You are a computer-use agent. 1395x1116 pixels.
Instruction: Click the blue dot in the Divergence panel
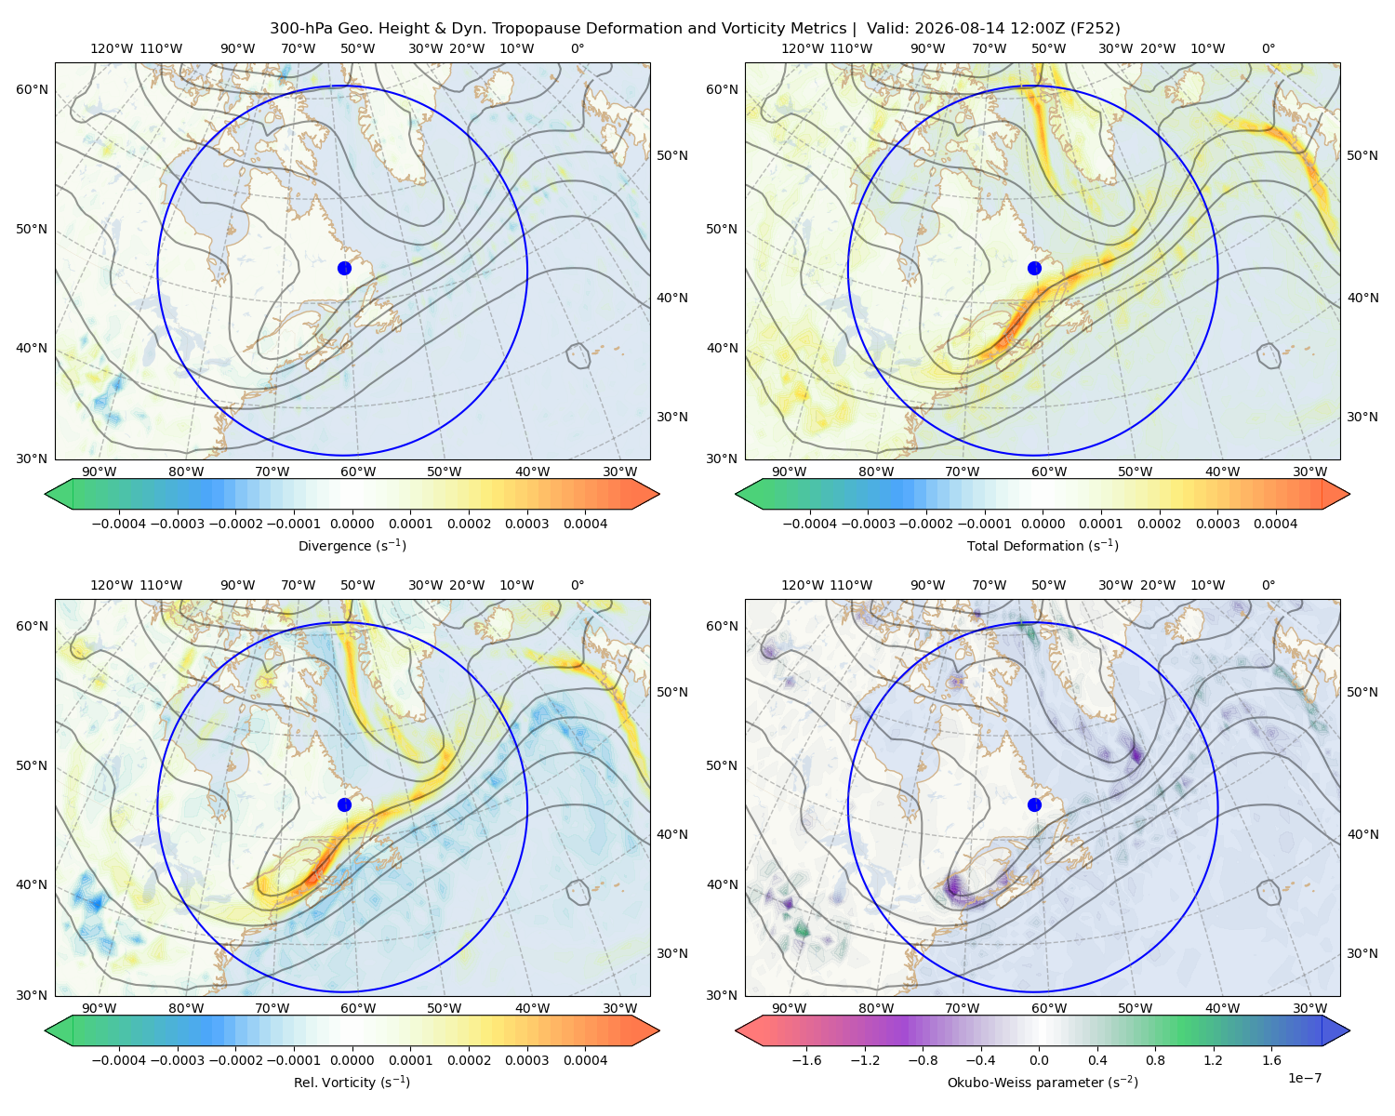[344, 269]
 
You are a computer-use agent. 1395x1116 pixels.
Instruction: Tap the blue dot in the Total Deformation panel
[1034, 269]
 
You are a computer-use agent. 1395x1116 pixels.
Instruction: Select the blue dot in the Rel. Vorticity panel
[344, 804]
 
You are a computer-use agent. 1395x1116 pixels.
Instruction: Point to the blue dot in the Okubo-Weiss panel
[1034, 804]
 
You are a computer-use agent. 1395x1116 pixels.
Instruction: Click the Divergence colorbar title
[352, 546]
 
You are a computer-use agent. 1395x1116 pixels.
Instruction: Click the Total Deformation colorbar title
[1043, 546]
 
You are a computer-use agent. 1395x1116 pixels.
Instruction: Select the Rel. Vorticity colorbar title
[352, 1083]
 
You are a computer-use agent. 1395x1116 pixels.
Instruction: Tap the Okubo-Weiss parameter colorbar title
[1043, 1083]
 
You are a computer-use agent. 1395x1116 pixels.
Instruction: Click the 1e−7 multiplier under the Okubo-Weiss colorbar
[1304, 1079]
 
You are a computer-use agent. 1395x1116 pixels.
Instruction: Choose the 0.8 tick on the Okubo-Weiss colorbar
[1155, 1060]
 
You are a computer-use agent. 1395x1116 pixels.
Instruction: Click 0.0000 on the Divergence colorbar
[352, 524]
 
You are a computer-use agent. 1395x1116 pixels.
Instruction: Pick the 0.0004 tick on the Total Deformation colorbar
[1276, 524]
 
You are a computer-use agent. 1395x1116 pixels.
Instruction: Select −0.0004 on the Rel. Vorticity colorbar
[119, 1060]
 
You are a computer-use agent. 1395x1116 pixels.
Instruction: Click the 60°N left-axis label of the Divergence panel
[32, 89]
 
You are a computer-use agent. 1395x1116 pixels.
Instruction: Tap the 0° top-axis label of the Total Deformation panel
[1268, 48]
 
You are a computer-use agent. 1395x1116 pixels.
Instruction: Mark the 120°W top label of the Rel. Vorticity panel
[112, 585]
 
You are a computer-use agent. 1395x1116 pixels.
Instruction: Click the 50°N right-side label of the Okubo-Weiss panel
[1362, 692]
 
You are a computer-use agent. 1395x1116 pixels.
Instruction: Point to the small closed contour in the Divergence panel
[578, 355]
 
